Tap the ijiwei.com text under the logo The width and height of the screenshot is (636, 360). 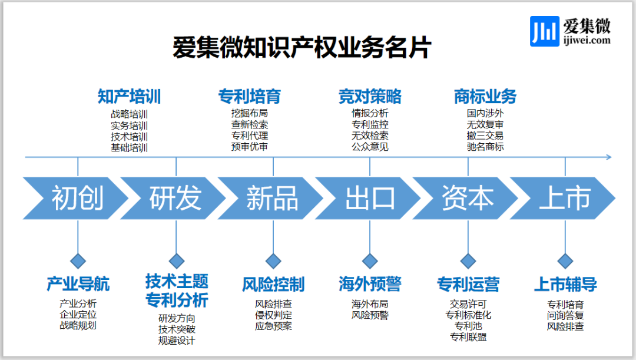coord(586,41)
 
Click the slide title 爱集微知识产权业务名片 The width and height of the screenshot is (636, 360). coord(302,48)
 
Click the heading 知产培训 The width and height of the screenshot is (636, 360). coord(129,96)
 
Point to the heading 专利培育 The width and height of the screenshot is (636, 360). coord(249,96)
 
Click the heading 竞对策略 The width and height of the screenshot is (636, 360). coord(370,96)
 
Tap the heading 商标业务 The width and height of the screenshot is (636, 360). coord(485,96)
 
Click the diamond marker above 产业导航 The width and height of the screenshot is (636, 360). coord(78,260)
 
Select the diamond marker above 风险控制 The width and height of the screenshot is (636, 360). coord(273,260)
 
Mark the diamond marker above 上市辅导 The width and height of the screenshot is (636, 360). coord(565,260)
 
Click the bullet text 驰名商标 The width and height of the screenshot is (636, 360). coord(485,147)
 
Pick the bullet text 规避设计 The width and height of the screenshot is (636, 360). coord(176,340)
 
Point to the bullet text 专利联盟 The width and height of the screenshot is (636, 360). coord(468,337)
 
